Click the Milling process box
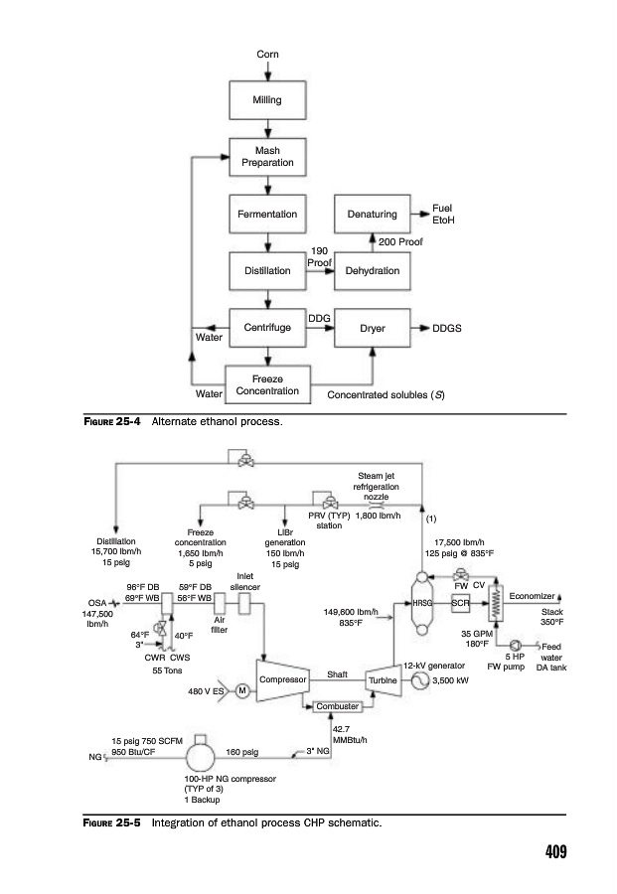pyautogui.click(x=267, y=100)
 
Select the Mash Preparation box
pyautogui.click(x=267, y=157)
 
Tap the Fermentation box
pyautogui.click(x=267, y=215)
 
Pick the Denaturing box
pyautogui.click(x=373, y=215)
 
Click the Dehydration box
pyautogui.click(x=373, y=270)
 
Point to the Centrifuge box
pyautogui.click(x=267, y=327)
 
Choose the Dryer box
pyautogui.click(x=373, y=327)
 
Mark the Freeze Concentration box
pyautogui.click(x=268, y=384)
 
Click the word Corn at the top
pyautogui.click(x=267, y=53)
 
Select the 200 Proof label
pyautogui.click(x=401, y=241)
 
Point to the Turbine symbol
pyautogui.click(x=383, y=680)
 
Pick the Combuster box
pyautogui.click(x=335, y=706)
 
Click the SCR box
pyautogui.click(x=460, y=603)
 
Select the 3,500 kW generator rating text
pyautogui.click(x=451, y=682)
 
